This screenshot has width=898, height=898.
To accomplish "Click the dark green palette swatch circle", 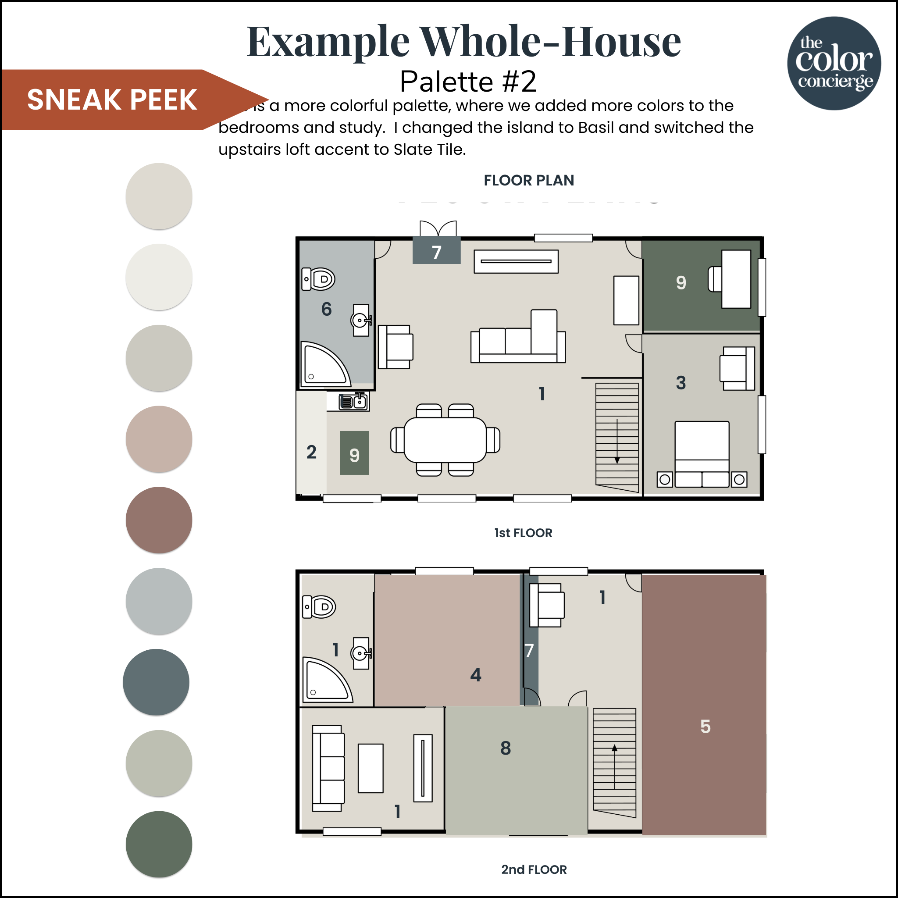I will point(159,844).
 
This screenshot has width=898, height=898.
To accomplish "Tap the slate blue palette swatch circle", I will point(156,682).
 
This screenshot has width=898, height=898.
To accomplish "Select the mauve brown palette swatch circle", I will point(159,520).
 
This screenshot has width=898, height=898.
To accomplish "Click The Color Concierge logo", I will point(834,64).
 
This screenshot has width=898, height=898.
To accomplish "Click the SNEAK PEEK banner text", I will point(112,100).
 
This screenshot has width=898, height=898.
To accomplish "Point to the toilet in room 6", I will point(319,279).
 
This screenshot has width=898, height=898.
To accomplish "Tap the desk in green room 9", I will point(736,279).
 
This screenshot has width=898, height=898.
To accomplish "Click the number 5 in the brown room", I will point(705,727).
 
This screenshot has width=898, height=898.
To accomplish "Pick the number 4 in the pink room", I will point(475,675).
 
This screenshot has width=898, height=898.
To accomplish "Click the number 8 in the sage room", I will point(506,748).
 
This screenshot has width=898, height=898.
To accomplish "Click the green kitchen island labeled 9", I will point(354,453).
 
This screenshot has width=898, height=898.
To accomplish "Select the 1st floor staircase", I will point(617,437).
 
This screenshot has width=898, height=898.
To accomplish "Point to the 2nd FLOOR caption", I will point(534,869).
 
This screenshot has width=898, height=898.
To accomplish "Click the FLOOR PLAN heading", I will point(528,180).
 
